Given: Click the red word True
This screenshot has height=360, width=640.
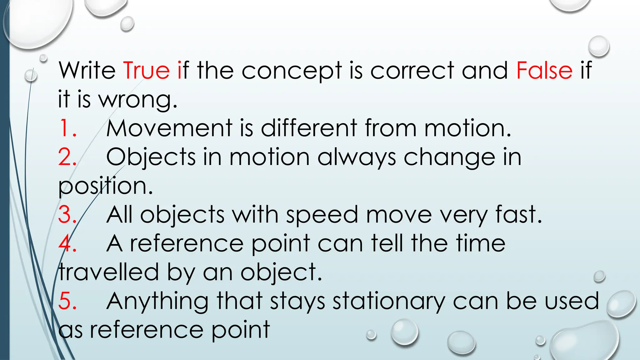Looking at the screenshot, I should tap(147, 70).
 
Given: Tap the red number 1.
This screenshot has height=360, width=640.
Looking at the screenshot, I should tap(67, 128).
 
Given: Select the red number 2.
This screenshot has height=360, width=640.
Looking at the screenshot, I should tap(67, 157).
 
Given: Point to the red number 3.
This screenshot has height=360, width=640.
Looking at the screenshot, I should tap(67, 215).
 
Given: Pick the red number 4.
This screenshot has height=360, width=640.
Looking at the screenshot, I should tap(67, 243).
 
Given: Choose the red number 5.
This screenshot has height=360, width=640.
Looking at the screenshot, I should tap(67, 301).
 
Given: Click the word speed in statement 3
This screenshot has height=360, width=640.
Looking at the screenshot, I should tap(322, 215).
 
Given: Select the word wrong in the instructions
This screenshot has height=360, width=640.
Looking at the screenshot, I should tap(137, 100).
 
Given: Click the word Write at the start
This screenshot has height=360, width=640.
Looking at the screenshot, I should tap(87, 70).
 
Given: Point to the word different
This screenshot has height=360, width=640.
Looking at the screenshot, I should tap(309, 128).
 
